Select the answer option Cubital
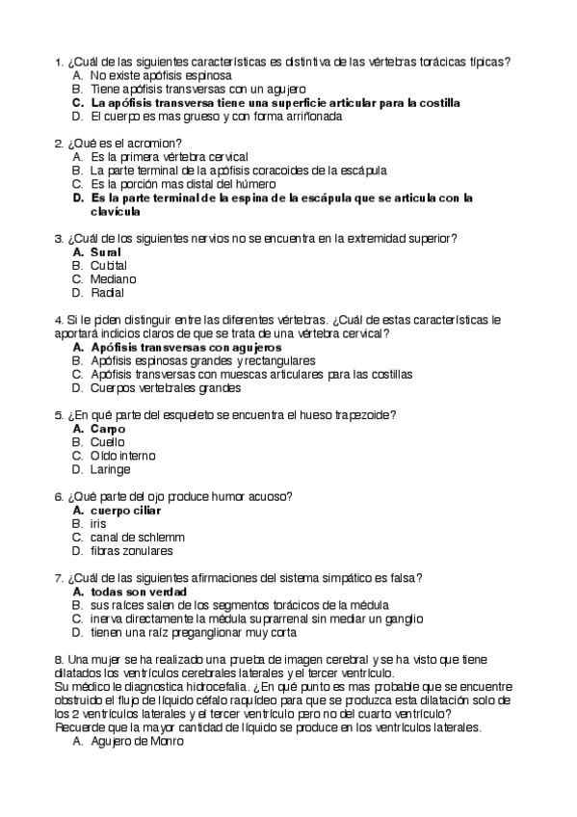[108, 265]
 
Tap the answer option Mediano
[113, 279]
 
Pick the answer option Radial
[107, 293]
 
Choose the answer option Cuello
[108, 441]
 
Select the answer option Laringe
[110, 469]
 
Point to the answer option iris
[98, 523]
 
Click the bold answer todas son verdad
[138, 592]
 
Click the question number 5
[60, 414]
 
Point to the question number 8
[60, 659]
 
